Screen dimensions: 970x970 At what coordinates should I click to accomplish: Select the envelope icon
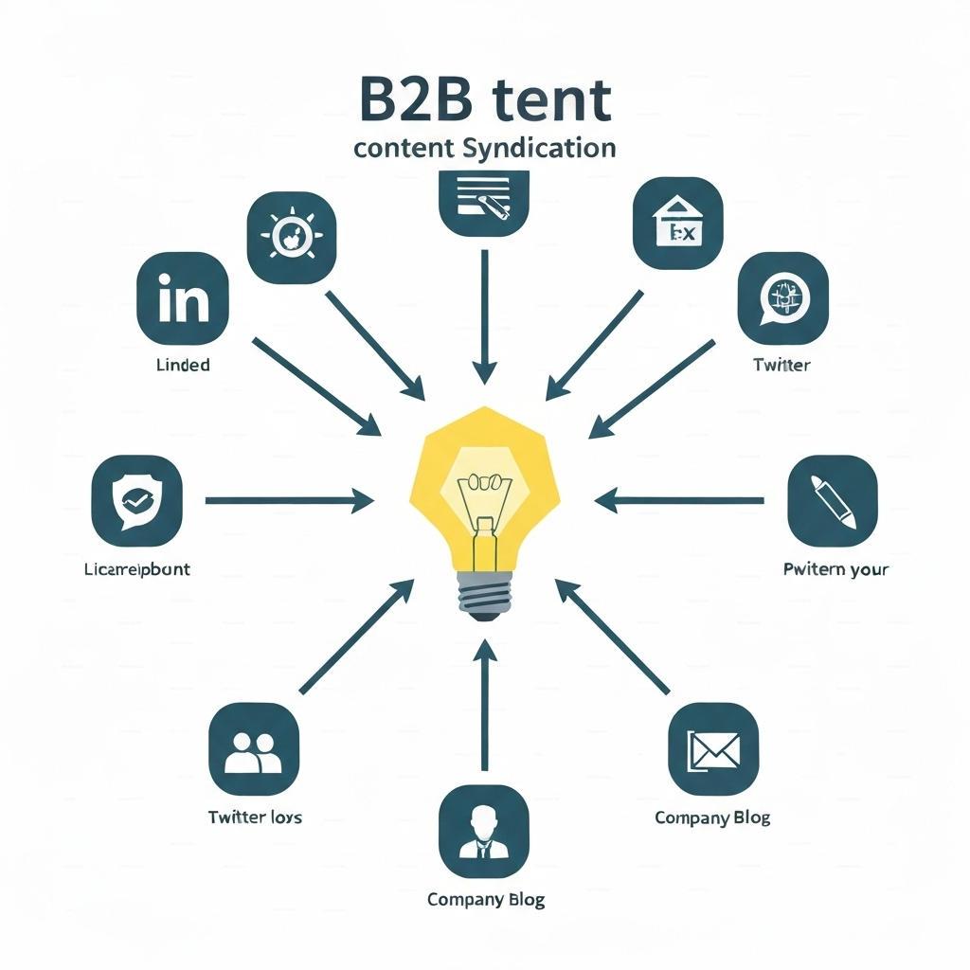click(x=713, y=747)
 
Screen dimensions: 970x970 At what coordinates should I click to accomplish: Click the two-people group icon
click(x=253, y=747)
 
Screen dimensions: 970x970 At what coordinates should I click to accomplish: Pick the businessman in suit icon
click(x=484, y=830)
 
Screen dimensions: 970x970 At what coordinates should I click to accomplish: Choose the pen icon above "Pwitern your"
click(x=833, y=498)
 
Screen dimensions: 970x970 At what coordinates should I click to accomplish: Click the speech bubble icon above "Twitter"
click(x=781, y=296)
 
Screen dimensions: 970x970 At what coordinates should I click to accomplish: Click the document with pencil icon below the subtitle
click(x=484, y=201)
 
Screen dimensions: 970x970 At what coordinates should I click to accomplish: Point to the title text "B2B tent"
click(x=485, y=102)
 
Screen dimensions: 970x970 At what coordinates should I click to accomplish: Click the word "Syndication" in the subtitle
click(x=541, y=148)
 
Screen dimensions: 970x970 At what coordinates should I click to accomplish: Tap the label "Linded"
click(x=183, y=365)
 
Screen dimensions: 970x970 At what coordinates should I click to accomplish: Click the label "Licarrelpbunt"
click(x=136, y=569)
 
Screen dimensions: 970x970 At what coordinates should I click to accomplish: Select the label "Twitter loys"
click(x=255, y=817)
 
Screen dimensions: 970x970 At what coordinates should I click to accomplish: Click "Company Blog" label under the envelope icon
click(x=712, y=817)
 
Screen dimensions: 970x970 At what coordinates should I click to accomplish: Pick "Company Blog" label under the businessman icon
click(x=485, y=899)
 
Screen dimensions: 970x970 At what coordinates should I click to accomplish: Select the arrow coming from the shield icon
click(x=289, y=499)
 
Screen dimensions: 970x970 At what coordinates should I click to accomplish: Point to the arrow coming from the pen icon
click(x=678, y=499)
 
